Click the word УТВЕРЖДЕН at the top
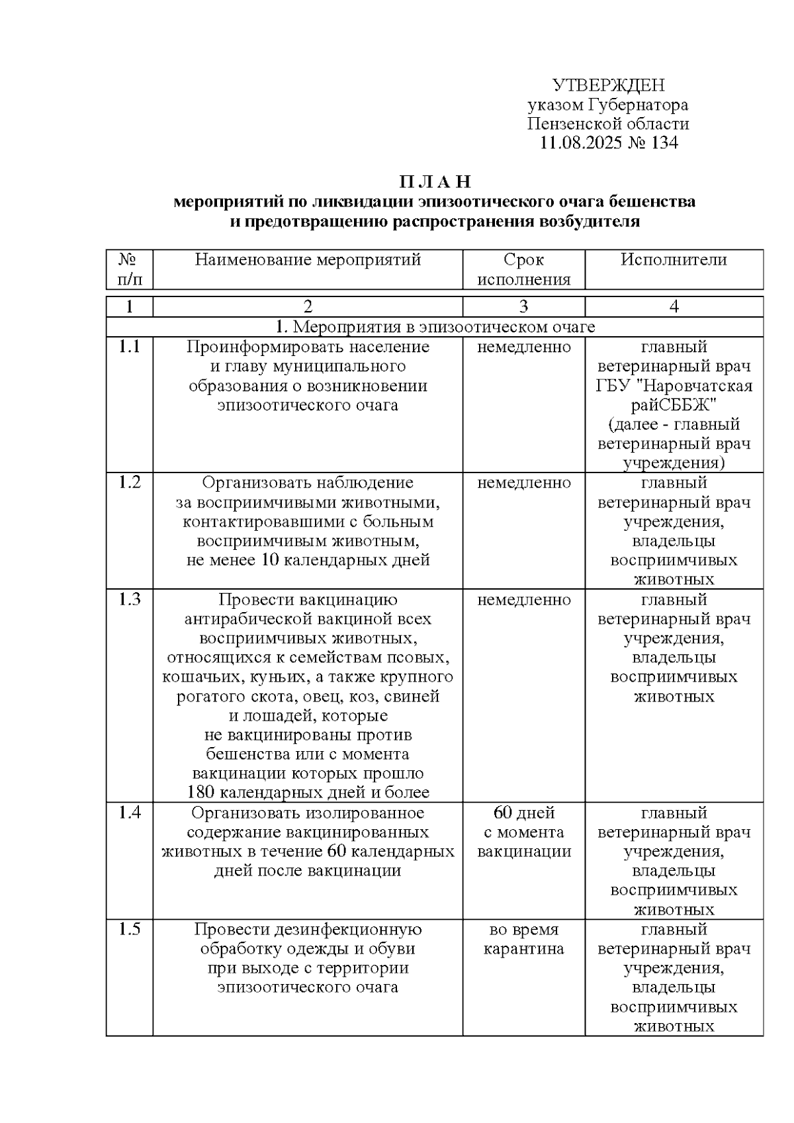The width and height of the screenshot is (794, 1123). (x=608, y=85)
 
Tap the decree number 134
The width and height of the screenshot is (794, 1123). (x=664, y=143)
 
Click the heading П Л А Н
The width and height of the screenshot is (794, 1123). (x=435, y=182)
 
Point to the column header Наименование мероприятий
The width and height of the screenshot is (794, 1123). (x=308, y=260)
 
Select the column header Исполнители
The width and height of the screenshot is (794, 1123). (x=673, y=260)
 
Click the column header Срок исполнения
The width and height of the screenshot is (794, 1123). (x=523, y=269)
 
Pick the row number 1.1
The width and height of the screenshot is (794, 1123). (x=130, y=347)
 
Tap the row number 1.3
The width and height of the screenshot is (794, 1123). (x=130, y=600)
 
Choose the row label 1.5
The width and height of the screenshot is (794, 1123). (x=130, y=929)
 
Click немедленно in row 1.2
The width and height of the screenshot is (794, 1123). (x=523, y=483)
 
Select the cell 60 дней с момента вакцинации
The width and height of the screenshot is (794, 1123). (x=523, y=832)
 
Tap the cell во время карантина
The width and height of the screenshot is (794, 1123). (x=523, y=939)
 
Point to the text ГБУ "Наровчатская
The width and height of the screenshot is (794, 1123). (x=674, y=386)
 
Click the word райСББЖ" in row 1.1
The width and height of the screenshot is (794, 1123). (x=674, y=405)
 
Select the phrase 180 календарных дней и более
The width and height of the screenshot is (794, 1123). (x=308, y=792)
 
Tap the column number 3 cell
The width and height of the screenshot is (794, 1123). (x=523, y=306)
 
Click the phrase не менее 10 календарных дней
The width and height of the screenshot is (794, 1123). (x=308, y=561)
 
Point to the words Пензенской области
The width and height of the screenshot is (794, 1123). (x=608, y=124)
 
